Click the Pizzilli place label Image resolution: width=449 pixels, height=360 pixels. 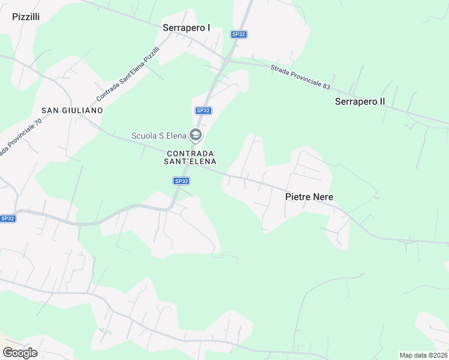tap(26, 17)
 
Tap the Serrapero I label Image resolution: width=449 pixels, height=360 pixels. tap(187, 28)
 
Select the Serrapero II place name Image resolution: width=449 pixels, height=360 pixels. tap(360, 101)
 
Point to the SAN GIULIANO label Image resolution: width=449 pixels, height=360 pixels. tap(72, 110)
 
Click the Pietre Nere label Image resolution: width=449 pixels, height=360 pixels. tap(309, 197)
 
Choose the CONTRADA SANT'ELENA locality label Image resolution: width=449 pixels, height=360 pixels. tap(191, 157)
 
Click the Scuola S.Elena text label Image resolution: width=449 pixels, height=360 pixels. tap(159, 136)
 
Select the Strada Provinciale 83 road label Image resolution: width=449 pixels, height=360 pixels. tap(300, 77)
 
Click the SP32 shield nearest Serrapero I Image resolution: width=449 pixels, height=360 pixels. tap(239, 34)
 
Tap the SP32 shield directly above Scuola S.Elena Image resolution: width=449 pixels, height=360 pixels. tap(203, 110)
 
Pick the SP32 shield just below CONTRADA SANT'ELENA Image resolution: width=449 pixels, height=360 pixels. tap(181, 181)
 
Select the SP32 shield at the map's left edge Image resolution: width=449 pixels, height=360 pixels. tap(8, 218)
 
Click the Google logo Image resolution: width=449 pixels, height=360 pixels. tap(20, 353)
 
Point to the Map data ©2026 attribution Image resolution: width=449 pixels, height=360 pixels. tap(423, 355)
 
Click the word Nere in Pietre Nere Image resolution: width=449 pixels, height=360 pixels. tap(323, 197)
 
